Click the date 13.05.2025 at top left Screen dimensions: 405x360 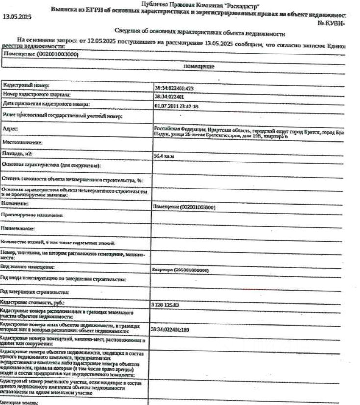[17, 17]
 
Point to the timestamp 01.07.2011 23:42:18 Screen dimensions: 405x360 [176, 106]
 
